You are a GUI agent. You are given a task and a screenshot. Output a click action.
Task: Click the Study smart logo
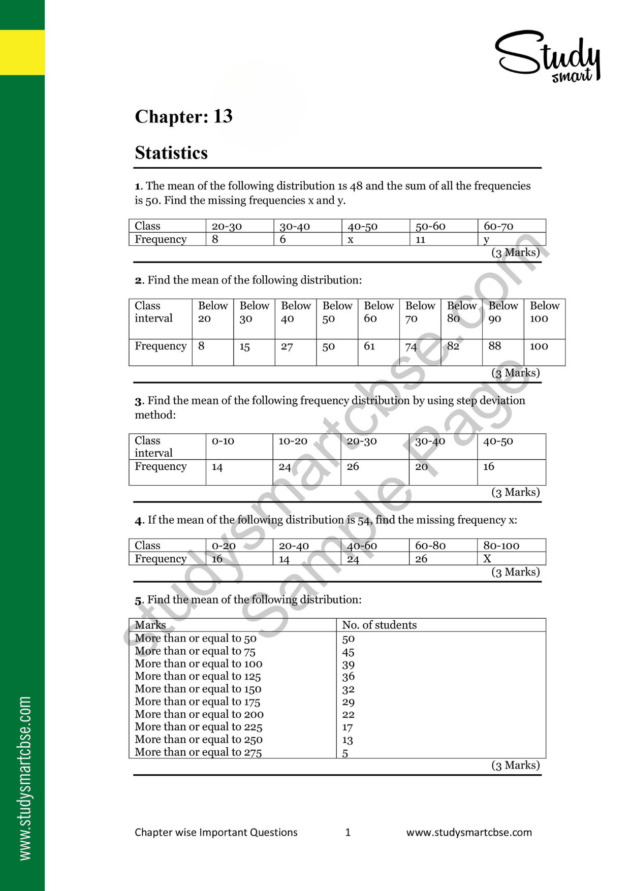point(548,56)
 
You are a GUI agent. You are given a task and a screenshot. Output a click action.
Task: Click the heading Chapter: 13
point(183,116)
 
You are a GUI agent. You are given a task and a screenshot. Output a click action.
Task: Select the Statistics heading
point(171,153)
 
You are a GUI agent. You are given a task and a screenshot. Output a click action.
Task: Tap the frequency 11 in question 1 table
point(421,239)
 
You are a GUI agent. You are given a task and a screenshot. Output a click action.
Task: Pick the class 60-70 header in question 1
point(498,226)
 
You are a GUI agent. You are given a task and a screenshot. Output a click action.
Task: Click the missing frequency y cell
point(487,239)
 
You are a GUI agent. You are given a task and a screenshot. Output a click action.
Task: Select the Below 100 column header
point(544,312)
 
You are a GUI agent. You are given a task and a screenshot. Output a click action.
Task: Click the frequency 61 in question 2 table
point(369,346)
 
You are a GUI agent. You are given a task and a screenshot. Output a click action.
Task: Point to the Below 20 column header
point(212,312)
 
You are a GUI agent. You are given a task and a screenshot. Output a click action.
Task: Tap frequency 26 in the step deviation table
point(353,466)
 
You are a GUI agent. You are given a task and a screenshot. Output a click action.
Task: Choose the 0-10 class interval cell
point(223,441)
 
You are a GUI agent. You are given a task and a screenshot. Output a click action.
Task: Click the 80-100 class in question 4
point(501,546)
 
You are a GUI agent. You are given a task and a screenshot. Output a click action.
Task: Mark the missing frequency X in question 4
point(487,559)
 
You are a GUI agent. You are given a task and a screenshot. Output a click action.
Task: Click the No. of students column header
point(379,625)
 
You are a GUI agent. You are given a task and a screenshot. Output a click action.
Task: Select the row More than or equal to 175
point(198,702)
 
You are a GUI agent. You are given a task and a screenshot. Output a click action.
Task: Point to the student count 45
point(348,652)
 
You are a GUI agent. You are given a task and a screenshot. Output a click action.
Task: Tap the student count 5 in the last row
point(345,753)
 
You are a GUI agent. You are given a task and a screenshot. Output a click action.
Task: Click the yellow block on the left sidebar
point(22,52)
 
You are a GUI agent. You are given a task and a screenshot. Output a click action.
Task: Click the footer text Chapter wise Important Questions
point(216,832)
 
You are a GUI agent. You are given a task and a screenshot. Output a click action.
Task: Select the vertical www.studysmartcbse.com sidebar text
point(24,778)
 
